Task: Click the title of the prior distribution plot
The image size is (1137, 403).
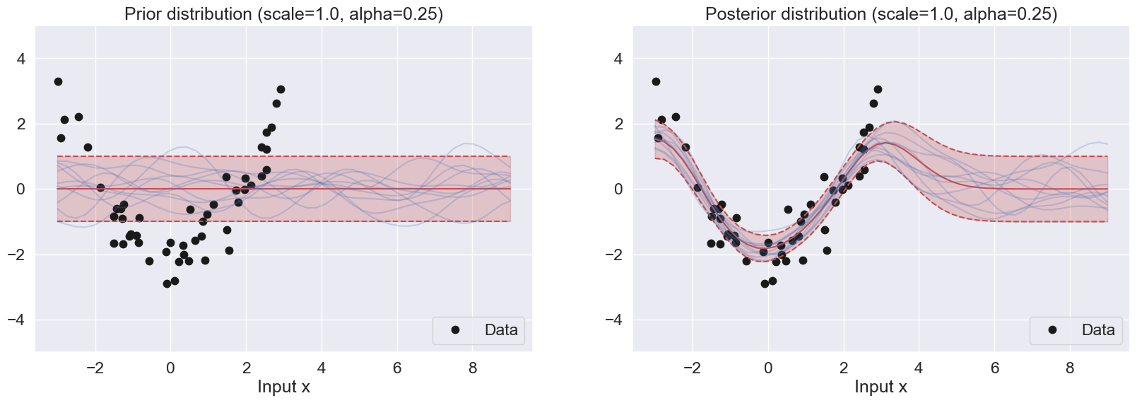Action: point(283,14)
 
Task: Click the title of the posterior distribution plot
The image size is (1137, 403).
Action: point(880,14)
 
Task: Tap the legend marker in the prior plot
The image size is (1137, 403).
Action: point(455,330)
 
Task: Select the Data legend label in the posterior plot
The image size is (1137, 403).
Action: point(1098,330)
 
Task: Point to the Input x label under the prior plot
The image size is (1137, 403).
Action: point(283,387)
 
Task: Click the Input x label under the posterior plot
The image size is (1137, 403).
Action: point(880,387)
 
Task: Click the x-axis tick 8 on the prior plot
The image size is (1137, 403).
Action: point(473,368)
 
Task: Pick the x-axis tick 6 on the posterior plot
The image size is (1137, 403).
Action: point(994,368)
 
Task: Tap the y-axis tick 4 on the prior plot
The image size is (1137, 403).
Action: point(20,59)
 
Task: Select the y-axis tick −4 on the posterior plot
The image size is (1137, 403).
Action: point(614,320)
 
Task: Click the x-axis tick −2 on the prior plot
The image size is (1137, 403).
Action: point(94,368)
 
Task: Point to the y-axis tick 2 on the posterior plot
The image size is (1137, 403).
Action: point(618,124)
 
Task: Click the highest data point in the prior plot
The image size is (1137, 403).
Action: point(58,82)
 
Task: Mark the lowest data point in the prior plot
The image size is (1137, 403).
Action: point(167,284)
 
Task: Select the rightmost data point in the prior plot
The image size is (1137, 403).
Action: point(281,90)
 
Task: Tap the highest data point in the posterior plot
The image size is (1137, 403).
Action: point(656,82)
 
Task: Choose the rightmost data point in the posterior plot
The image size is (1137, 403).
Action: point(878,90)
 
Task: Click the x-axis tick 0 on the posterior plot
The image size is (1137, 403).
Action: point(768,368)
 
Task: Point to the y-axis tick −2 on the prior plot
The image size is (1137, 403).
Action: point(16,255)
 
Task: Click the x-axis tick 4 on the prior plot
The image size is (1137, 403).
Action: point(322,368)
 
